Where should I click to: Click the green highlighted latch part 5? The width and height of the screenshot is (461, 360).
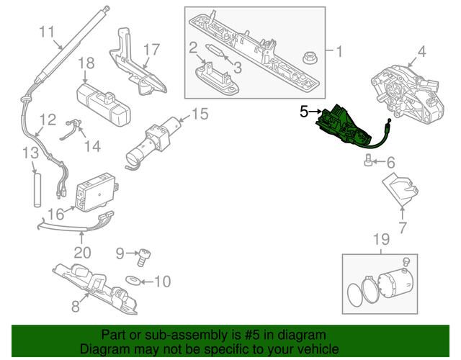tap(344, 127)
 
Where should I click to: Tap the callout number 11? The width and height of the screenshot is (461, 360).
tap(47, 31)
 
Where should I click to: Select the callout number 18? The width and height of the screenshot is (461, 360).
tap(86, 63)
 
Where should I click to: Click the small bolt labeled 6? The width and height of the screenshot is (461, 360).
tap(369, 161)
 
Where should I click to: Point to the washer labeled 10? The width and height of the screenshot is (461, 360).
tap(134, 279)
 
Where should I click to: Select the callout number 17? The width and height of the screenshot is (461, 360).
tap(150, 50)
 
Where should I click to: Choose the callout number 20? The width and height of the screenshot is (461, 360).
tap(83, 253)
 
